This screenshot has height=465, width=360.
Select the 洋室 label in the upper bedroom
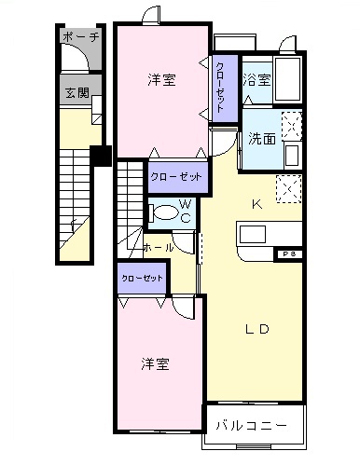pos(161,80)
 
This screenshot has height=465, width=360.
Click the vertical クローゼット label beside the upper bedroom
pos(219,87)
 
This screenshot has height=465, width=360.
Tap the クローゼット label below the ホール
pos(140,278)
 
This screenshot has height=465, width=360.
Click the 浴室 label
pos(257,80)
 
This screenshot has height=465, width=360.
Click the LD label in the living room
pos(258,328)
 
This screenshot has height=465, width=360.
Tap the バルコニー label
pos(252,425)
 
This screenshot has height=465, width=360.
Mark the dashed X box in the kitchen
pos(289,187)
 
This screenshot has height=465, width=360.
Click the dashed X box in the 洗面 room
pos(291,125)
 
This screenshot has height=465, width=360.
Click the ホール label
pos(157,248)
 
